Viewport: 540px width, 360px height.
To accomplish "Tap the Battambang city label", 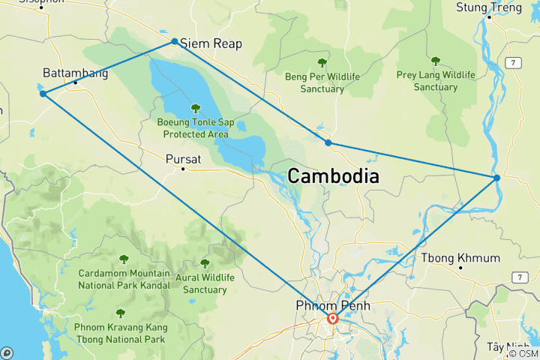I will tap(76, 73).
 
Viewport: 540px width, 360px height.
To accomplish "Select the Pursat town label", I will tap(184, 158).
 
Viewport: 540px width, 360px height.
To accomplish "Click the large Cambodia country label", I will tap(333, 176).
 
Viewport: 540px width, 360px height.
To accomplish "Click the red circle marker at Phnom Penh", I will tap(333, 319).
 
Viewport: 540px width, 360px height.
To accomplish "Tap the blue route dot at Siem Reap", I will tap(175, 42).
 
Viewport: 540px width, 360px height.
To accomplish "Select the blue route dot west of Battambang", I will tap(43, 94).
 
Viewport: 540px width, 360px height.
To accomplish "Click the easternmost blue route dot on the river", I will tap(497, 178).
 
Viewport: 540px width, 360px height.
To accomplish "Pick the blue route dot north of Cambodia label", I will tap(328, 142).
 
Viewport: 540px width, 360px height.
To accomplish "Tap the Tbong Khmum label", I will tap(460, 258).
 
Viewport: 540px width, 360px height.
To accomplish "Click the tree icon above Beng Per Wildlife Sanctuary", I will tap(322, 63).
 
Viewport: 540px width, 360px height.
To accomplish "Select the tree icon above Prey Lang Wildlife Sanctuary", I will tap(436, 61).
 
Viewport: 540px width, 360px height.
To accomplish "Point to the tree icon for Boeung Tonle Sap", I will tap(196, 108).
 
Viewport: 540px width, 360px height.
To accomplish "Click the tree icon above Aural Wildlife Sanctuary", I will tap(205, 263).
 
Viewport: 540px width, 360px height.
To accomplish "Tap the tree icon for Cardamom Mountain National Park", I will tap(124, 259).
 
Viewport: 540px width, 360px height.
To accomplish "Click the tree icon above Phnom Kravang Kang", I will tap(120, 313).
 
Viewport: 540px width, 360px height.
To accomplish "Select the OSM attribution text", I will tap(525, 353).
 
